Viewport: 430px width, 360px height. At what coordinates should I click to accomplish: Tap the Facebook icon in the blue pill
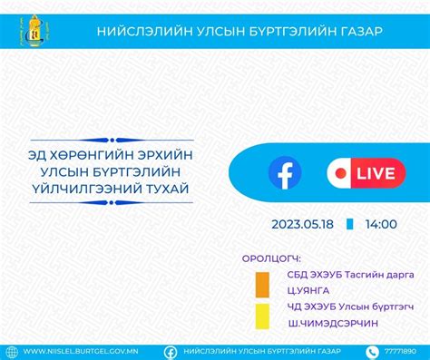point(284,170)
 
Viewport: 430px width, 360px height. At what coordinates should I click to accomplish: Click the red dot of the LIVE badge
point(340,170)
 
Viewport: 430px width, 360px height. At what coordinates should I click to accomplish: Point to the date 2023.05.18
point(301,223)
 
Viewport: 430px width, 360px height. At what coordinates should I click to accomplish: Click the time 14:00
point(381,223)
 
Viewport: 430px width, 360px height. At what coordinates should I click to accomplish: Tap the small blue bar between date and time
point(350,223)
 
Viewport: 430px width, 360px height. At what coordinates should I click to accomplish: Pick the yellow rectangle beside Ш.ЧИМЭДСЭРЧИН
point(261,315)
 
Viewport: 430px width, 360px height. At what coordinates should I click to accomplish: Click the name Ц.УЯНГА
point(308,290)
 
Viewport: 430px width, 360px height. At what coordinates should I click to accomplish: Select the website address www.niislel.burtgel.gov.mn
point(83,351)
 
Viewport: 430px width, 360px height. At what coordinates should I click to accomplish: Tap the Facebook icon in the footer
point(171,351)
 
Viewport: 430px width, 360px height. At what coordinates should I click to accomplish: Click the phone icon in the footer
point(371,351)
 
